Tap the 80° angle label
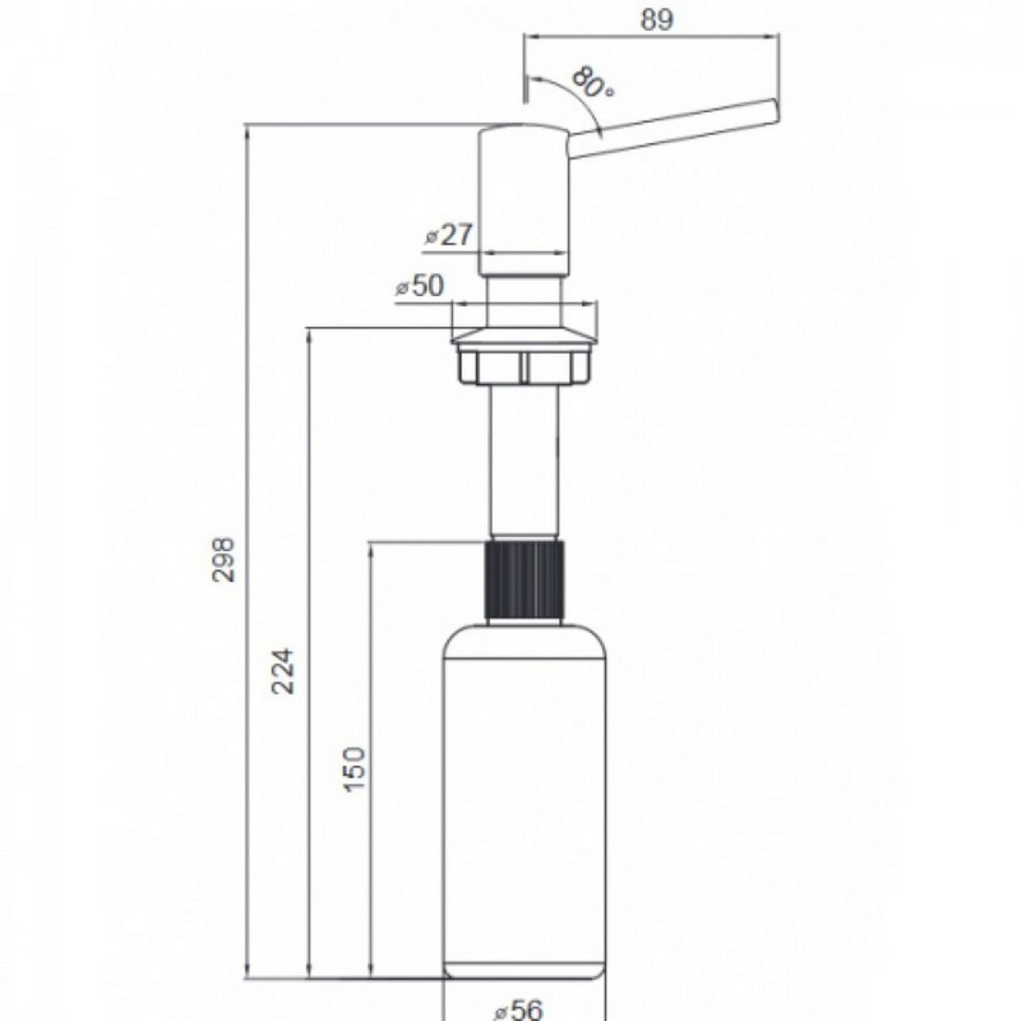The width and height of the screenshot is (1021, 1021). point(594,83)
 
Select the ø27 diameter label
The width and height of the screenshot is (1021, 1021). point(450,234)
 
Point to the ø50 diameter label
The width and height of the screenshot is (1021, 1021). point(420,285)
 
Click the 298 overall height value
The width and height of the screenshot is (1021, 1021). point(224,559)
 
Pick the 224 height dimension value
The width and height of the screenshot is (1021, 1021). point(284,671)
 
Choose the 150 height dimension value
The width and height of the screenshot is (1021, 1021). point(355,769)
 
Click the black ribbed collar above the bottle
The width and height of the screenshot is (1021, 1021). point(524,579)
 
